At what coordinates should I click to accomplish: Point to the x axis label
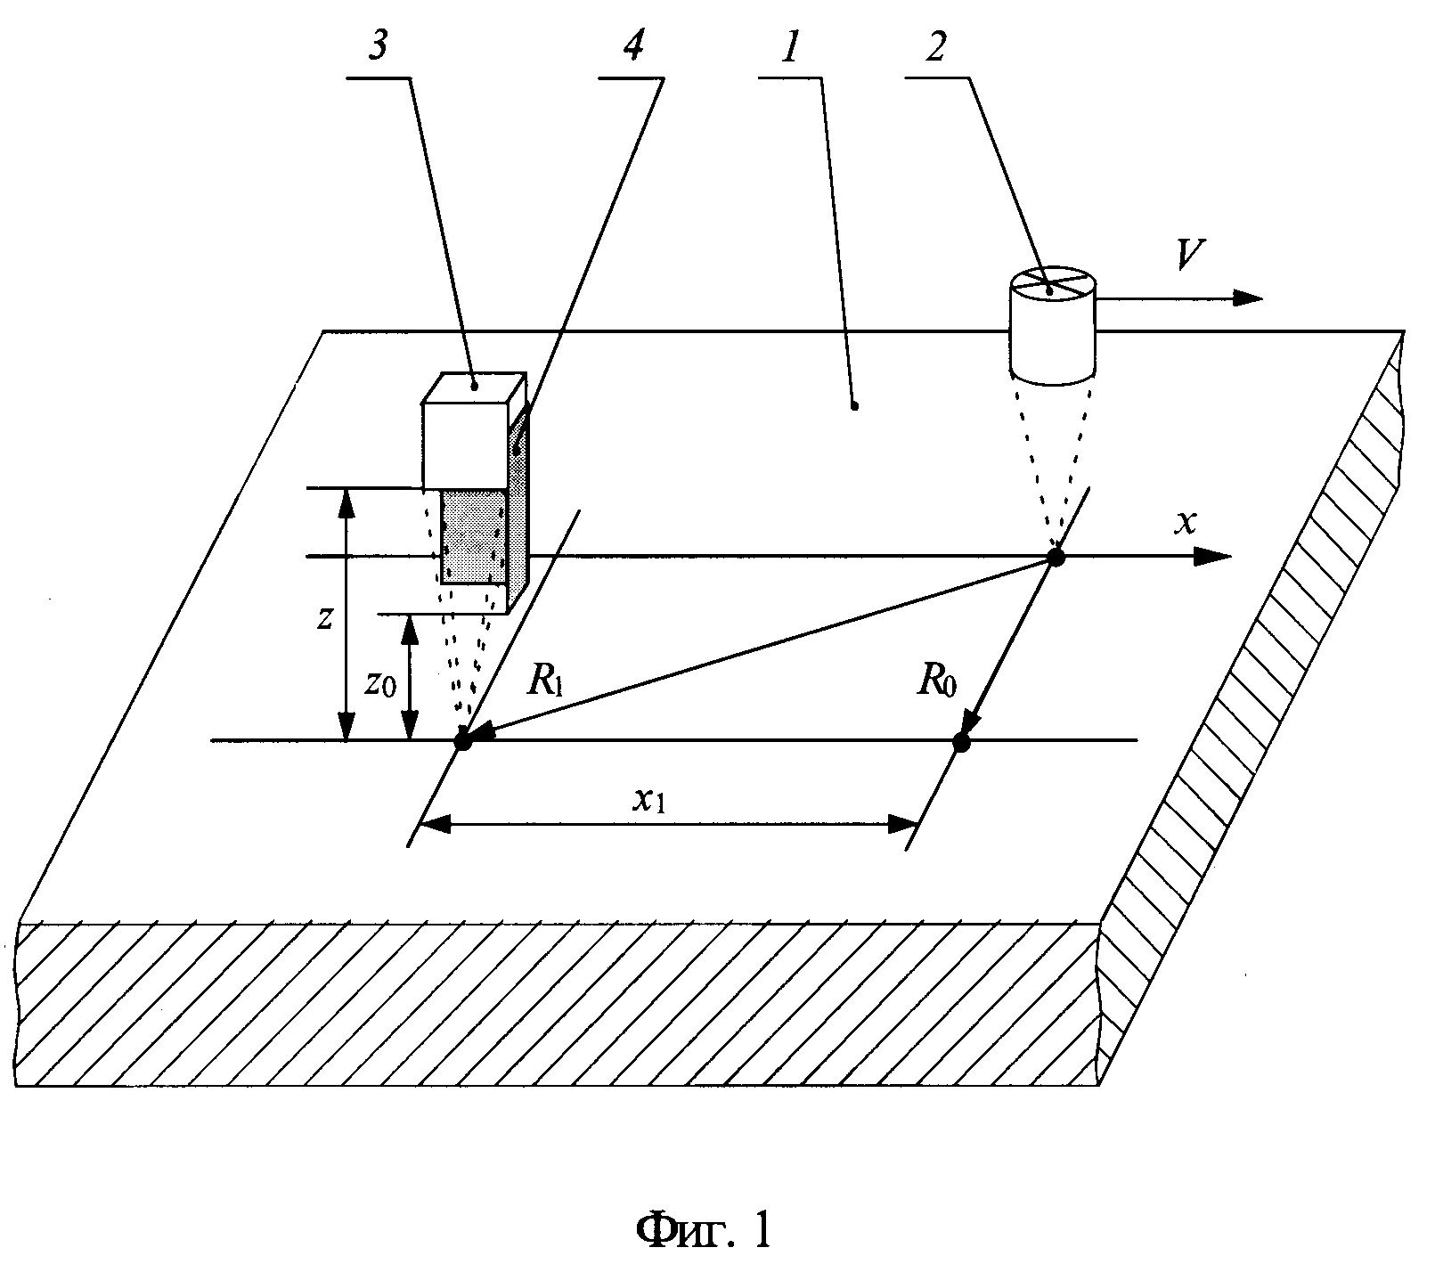1183,523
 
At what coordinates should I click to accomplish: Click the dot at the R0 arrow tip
960,741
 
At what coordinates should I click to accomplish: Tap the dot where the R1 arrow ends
461,741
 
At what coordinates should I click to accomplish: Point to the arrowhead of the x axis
1213,558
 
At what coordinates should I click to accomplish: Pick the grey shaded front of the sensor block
474,535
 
